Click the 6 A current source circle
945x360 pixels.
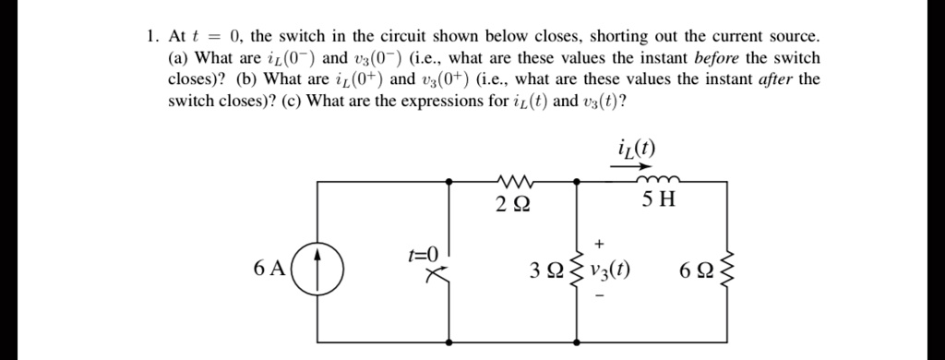coord(317,270)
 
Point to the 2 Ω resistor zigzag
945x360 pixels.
coord(512,180)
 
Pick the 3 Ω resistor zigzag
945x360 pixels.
coord(578,270)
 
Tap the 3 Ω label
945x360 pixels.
coord(545,271)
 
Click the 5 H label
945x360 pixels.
coord(662,200)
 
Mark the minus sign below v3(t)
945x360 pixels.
coord(599,297)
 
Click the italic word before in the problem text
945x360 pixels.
coord(704,57)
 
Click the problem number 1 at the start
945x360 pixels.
coord(150,37)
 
